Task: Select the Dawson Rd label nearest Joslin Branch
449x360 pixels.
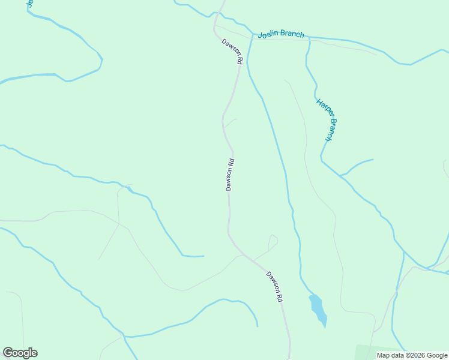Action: click(232, 52)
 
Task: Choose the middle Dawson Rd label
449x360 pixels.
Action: click(229, 175)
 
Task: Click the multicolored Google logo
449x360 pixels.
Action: click(20, 353)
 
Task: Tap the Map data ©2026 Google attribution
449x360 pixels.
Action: click(412, 355)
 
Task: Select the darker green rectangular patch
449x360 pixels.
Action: click(378, 352)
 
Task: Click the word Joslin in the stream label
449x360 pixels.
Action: click(269, 35)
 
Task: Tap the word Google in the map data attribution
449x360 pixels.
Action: click(437, 355)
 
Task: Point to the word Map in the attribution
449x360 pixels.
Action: click(383, 355)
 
